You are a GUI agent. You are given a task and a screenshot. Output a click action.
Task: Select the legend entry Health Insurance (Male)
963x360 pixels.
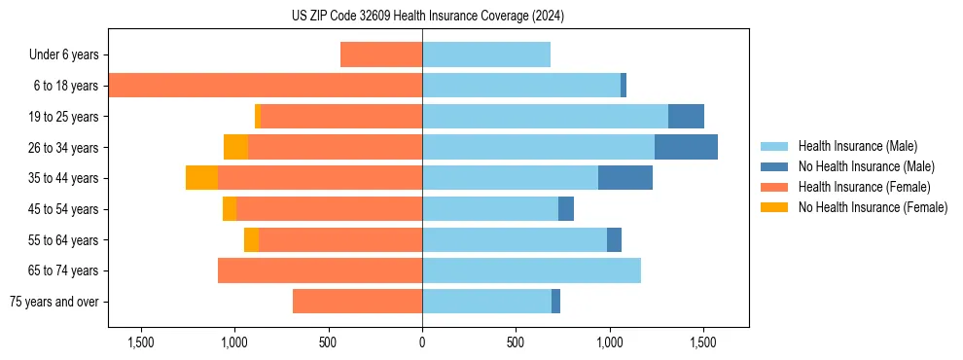(x=857, y=146)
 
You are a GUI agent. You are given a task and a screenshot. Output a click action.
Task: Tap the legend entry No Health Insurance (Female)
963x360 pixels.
(x=873, y=207)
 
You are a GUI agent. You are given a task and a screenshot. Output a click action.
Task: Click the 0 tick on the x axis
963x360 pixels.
(x=422, y=343)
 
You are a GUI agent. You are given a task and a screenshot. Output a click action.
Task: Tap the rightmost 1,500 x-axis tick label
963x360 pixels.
(x=703, y=343)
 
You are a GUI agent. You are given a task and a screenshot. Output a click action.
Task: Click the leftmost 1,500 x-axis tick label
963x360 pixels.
(x=141, y=343)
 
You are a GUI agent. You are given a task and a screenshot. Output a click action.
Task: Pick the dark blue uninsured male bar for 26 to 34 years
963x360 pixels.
(x=686, y=147)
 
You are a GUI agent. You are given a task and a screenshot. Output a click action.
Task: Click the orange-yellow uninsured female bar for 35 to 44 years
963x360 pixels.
(x=201, y=178)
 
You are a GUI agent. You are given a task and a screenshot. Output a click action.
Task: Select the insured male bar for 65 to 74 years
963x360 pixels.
(x=531, y=270)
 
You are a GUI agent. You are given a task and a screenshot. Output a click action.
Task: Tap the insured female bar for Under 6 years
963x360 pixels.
(x=381, y=54)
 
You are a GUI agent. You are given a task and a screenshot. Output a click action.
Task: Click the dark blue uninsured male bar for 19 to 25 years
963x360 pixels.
(x=686, y=116)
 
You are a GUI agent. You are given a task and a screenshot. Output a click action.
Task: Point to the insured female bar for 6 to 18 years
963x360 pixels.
(x=265, y=86)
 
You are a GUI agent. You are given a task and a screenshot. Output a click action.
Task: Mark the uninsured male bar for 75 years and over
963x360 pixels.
(x=555, y=302)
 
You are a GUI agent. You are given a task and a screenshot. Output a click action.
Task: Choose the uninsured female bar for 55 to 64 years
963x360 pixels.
(x=251, y=239)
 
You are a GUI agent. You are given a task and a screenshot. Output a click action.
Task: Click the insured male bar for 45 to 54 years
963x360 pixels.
(x=490, y=209)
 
